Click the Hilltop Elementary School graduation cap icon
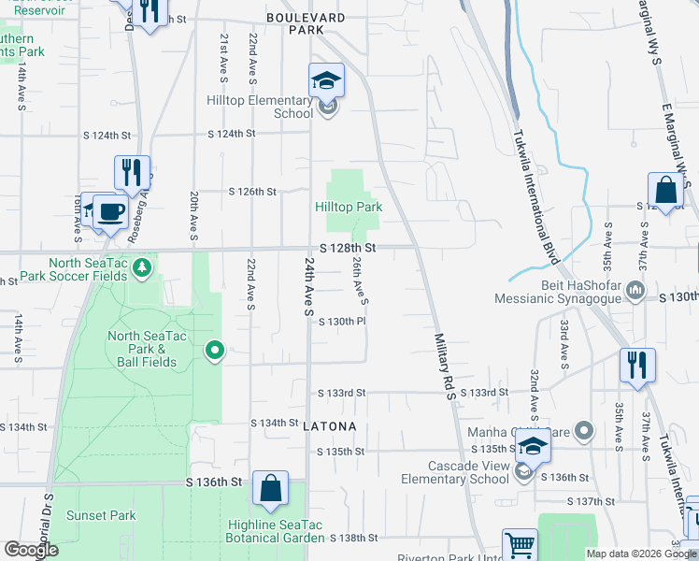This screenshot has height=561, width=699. (327, 80)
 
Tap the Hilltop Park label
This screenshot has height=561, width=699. (348, 207)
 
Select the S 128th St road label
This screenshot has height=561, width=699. (348, 248)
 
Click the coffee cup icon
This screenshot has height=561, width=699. (110, 210)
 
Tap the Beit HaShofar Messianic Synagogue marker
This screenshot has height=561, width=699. (635, 290)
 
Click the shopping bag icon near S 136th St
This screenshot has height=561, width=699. (270, 488)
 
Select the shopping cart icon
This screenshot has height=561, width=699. (520, 544)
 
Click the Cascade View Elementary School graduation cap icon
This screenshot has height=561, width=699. (532, 447)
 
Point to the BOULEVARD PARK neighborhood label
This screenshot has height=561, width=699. (306, 24)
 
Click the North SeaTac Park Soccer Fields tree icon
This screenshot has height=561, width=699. (142, 269)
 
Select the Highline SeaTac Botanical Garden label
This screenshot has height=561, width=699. (276, 530)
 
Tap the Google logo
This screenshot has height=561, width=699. (30, 550)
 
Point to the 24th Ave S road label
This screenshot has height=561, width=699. (308, 287)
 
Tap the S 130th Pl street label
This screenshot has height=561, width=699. (342, 322)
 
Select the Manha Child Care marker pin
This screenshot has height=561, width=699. (584, 431)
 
